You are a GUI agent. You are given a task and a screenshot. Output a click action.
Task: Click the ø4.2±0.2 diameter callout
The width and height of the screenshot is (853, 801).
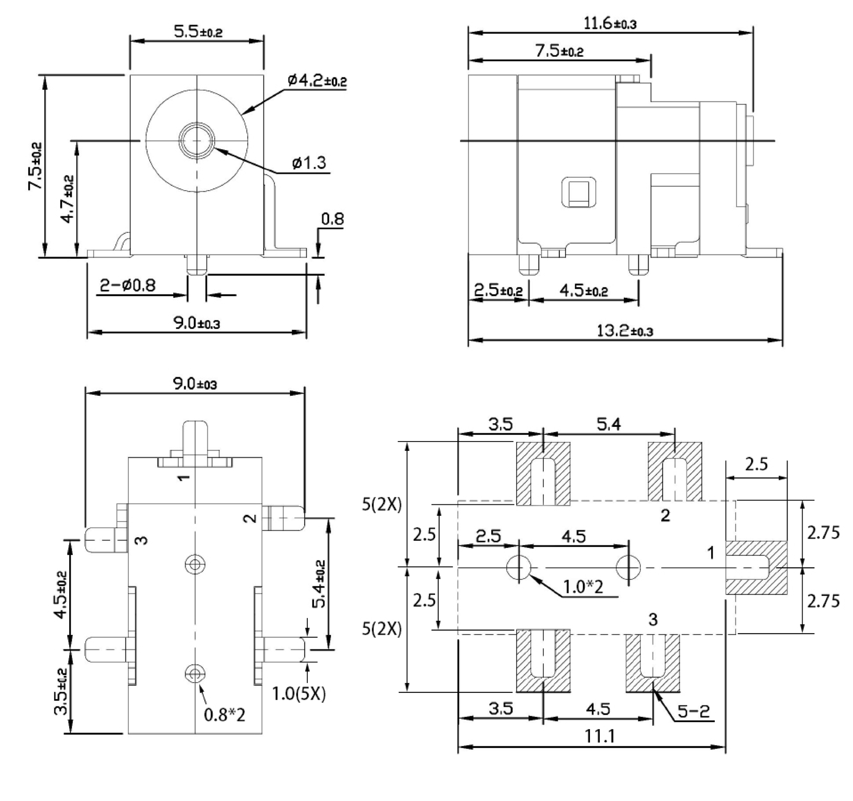[x=317, y=81]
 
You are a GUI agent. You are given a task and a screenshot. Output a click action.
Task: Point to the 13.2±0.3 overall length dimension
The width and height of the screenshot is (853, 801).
[x=624, y=331]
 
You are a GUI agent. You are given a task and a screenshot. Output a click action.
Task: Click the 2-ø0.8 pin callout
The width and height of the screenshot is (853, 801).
[x=128, y=285]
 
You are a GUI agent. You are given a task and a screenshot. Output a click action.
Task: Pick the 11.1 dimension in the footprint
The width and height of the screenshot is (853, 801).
[x=598, y=736]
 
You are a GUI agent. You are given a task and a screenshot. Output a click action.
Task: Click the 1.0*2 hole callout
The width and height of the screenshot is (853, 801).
[x=583, y=587]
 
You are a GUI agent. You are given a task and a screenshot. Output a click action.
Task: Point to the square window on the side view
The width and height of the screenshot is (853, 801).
[x=579, y=193]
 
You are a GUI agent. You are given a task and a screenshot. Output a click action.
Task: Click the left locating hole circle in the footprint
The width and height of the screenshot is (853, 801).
[x=519, y=567]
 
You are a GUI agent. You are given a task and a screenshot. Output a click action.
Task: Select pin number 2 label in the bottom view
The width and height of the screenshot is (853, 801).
[x=251, y=518]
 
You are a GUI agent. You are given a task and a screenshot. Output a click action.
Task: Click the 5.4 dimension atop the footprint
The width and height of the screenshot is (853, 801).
[x=608, y=425]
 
